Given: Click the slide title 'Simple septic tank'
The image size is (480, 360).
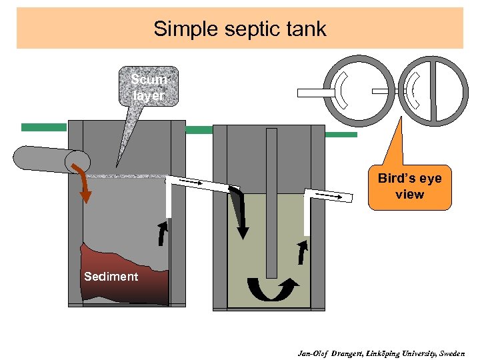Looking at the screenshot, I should pyautogui.click(x=239, y=29).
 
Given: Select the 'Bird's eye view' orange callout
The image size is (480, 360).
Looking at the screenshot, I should pyautogui.click(x=409, y=187).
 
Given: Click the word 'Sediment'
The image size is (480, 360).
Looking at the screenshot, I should pyautogui.click(x=111, y=276).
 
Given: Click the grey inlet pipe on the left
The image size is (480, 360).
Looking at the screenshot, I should pyautogui.click(x=43, y=159).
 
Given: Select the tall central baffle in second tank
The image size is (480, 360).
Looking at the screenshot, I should pyautogui.click(x=271, y=200).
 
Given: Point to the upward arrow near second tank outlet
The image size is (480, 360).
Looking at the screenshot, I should pyautogui.click(x=303, y=252).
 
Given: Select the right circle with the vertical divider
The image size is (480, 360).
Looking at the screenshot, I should pyautogui.click(x=434, y=91).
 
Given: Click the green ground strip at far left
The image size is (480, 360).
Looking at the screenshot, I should pyautogui.click(x=43, y=127).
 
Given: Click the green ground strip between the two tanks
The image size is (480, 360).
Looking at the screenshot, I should pyautogui.click(x=199, y=130).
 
